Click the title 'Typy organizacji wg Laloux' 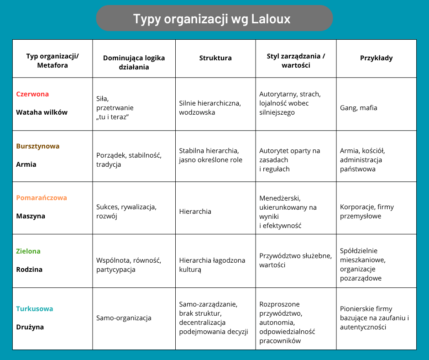[214, 19]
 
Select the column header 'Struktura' [215, 58]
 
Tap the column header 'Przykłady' [376, 58]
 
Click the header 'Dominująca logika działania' [134, 63]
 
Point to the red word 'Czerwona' [32, 94]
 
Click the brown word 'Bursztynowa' [38, 146]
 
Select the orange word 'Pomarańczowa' [42, 198]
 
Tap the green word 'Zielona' [28, 251]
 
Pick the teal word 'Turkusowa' [35, 309]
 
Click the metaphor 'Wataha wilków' [42, 112]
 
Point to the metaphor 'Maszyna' [31, 216]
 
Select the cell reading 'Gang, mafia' [359, 108]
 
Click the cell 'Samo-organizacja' [124, 318]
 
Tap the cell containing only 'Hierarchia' [195, 212]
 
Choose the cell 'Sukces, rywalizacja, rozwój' [126, 212]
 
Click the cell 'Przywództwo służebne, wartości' [295, 260]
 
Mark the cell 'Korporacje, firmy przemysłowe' [367, 212]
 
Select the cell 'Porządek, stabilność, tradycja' [129, 160]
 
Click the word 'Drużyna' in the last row [30, 327]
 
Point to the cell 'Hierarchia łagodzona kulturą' [212, 265]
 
